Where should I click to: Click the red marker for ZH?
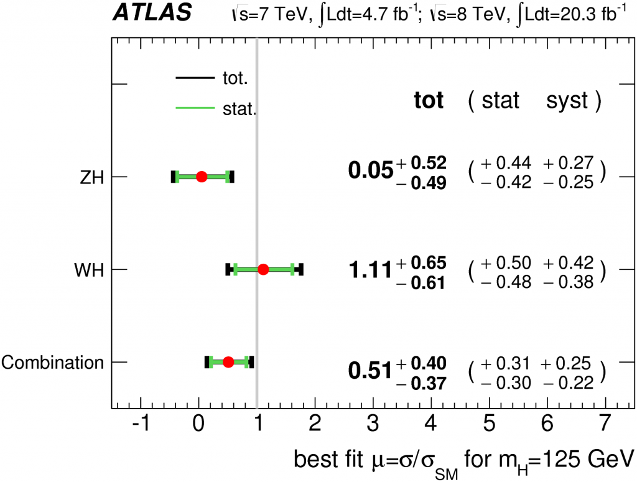click(201, 177)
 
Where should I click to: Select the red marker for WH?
click(263, 269)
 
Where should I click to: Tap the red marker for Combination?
click(228, 362)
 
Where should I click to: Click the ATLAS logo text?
click(152, 14)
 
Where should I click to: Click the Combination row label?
click(52, 362)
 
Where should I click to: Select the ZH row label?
click(91, 177)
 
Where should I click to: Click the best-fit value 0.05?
click(371, 170)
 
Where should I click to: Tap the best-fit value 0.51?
click(370, 371)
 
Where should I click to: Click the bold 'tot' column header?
click(429, 101)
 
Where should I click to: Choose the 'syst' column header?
click(567, 101)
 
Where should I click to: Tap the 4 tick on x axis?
click(430, 427)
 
